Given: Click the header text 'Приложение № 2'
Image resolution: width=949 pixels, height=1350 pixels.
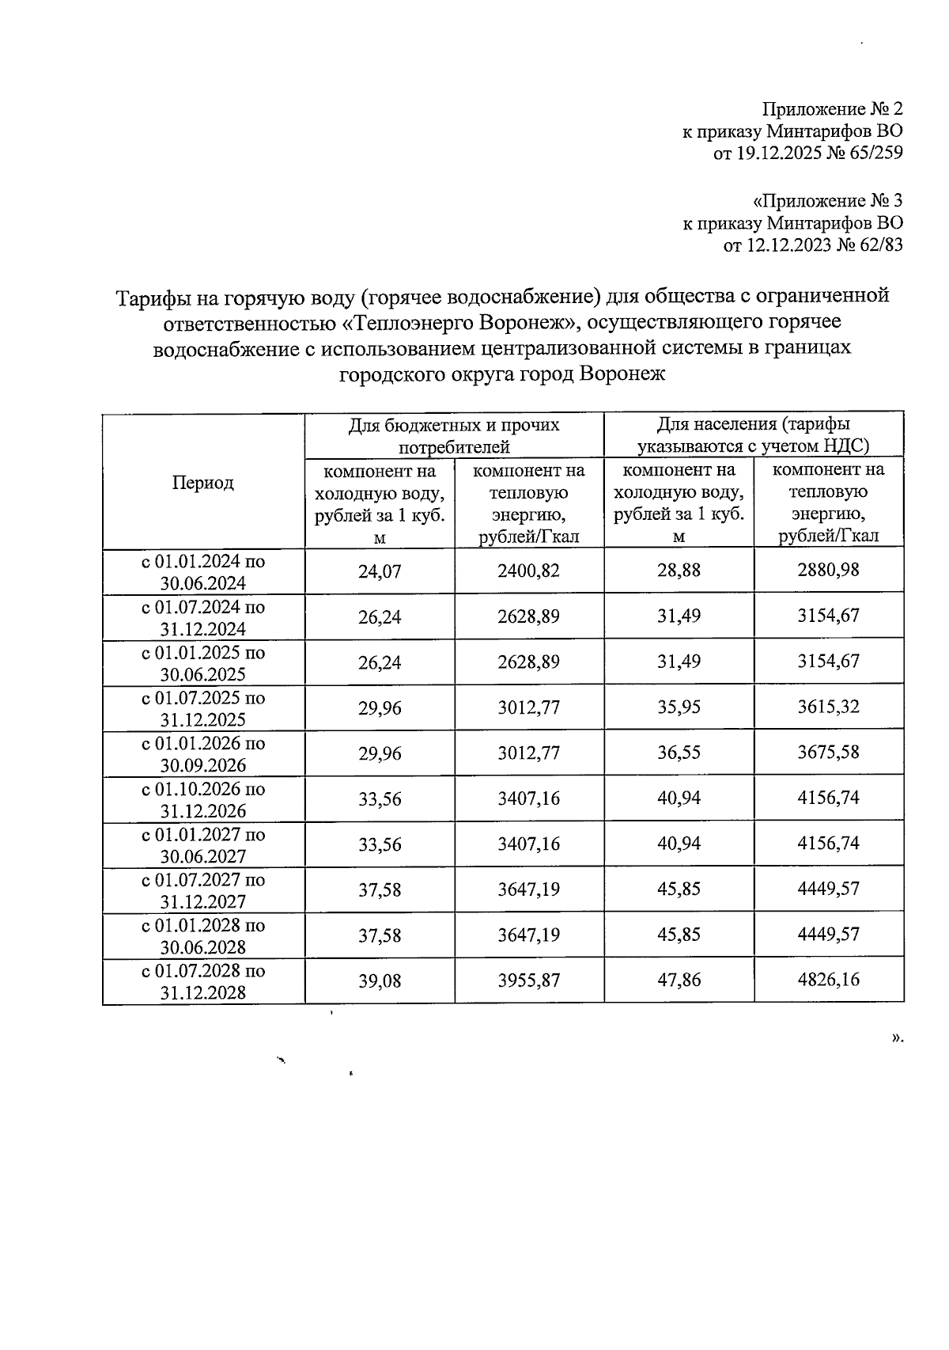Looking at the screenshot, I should point(832,108).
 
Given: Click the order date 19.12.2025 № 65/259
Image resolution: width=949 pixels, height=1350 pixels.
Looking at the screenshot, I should point(807,153).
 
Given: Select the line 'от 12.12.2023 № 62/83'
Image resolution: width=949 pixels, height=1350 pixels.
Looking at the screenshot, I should point(813,245).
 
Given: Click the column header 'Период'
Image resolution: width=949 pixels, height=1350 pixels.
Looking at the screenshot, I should point(203,483).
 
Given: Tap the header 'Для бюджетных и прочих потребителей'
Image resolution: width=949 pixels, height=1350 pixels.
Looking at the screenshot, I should point(454,435).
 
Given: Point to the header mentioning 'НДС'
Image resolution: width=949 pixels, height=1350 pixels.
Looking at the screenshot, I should point(753,435).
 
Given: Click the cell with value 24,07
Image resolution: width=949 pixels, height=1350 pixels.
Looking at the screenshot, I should point(380,571).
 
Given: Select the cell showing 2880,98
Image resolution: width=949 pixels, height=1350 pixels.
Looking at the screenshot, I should point(828,570).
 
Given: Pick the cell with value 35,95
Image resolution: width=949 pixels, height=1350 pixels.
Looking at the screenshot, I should point(679,707).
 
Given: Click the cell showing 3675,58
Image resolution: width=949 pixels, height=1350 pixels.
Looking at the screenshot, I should point(828,753).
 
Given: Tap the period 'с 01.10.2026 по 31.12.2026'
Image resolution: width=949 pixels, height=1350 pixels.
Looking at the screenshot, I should point(203,799).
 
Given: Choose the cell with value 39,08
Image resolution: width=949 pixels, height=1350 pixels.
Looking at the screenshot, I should point(380,981).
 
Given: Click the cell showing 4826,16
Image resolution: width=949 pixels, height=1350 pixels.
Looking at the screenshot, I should point(828,980).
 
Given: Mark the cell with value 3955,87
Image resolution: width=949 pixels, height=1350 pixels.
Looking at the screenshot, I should point(528,980).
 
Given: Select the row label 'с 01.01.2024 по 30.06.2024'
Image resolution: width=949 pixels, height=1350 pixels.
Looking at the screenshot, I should point(203,571).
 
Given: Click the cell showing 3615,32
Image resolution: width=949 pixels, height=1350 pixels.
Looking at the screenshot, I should point(828,707).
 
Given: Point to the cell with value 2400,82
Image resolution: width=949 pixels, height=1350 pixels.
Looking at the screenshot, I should point(528,571).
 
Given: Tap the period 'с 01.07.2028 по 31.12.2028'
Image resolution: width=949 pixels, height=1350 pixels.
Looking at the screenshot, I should point(203,981).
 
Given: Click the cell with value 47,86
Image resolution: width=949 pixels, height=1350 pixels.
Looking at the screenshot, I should point(679,980).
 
